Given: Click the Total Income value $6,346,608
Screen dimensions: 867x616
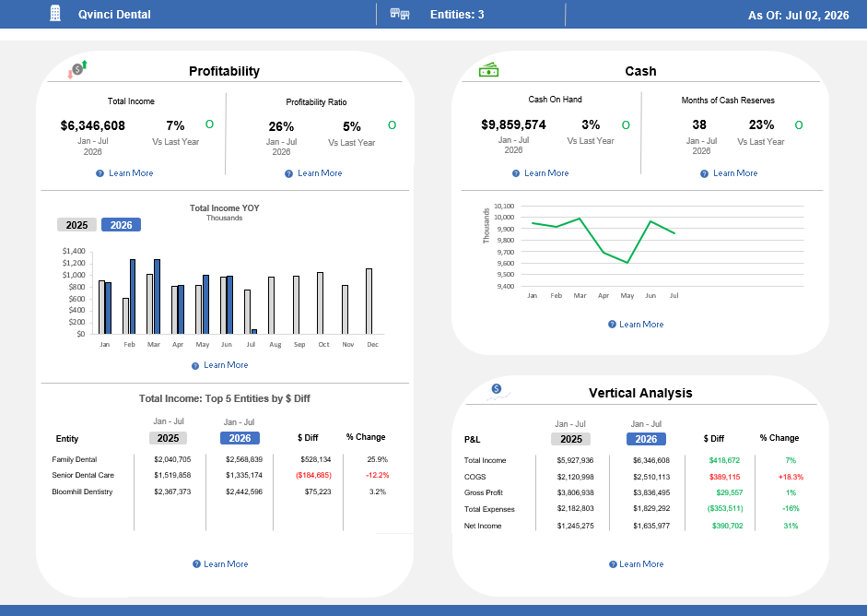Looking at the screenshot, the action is coord(93,125).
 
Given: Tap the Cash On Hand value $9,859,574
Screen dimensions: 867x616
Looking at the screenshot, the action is coord(514,124).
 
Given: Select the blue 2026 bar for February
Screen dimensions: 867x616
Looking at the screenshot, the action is coord(133,297).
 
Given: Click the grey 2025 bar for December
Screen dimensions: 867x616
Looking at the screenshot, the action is coord(369,302).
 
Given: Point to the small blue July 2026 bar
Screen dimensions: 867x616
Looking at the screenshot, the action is coord(254,332).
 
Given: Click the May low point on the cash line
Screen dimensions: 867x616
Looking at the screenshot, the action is coord(627,262).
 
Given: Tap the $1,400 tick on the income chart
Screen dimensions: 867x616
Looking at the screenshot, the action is coord(74,251).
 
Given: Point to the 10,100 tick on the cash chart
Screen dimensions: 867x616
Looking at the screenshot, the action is coord(504,206).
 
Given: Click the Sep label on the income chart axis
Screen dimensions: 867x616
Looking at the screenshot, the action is coord(299,344).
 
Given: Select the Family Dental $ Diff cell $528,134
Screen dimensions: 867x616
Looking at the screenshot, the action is coord(316,459).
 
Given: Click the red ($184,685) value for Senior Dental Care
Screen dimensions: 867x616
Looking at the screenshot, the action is coord(313,475).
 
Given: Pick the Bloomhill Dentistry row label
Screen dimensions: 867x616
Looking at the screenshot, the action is coord(82,492).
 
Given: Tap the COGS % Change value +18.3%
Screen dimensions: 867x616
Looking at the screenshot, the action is coord(791,477).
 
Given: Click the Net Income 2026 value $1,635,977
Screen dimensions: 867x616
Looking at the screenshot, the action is coord(651,526).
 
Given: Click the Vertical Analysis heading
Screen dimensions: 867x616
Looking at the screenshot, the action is coord(640,393).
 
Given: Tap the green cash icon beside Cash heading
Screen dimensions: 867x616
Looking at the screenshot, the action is coord(489,70).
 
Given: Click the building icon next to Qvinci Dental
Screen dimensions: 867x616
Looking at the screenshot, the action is coord(55,13).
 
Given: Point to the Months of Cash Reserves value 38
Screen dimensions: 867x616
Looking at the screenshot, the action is coord(699,124).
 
